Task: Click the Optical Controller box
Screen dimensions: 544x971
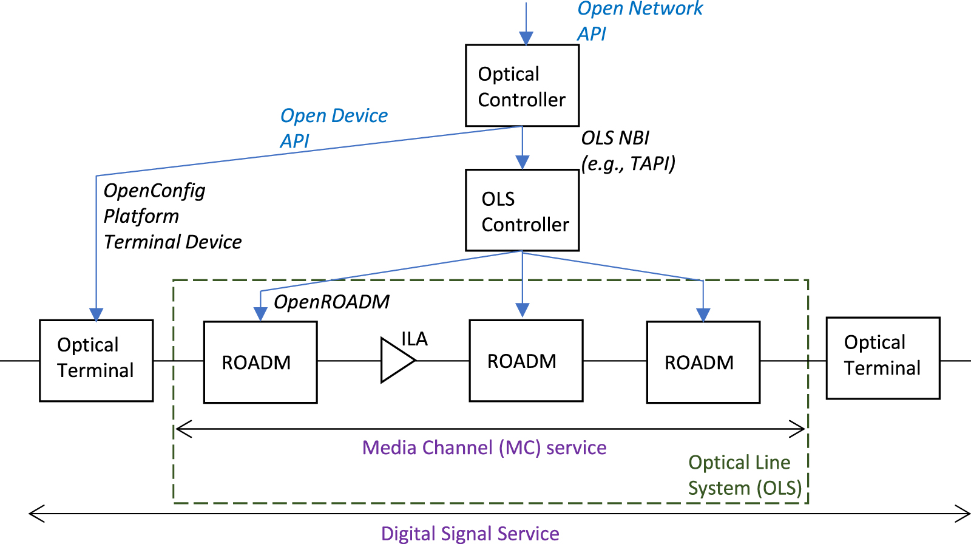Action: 522,86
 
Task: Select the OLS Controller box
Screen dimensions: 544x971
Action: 522,210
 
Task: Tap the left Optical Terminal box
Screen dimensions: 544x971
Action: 96,360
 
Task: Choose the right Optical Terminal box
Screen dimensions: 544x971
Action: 882,358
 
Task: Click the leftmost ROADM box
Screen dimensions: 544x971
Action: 260,362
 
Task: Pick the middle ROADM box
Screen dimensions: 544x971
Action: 526,361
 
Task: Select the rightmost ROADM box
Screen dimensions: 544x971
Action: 703,362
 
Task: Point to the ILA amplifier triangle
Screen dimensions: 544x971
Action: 396,360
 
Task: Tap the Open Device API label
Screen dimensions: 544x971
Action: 333,127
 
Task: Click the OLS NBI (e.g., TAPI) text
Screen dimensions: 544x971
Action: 628,151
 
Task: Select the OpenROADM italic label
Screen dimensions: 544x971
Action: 331,302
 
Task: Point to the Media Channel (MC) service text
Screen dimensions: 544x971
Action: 484,447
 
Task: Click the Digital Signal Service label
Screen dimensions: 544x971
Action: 470,533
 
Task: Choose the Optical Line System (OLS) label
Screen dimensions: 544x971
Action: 744,475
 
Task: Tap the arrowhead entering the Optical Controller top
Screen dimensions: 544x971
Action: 526,38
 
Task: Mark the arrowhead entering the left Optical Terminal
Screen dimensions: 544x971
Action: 96,314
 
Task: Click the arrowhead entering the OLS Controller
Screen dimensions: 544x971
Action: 522,162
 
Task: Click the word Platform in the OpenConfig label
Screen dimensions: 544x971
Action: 141,216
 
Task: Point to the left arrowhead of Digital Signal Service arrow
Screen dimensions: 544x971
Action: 35,514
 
